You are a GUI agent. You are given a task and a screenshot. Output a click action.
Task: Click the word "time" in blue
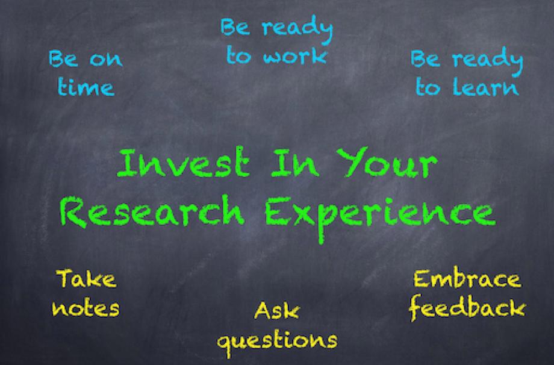click(87, 87)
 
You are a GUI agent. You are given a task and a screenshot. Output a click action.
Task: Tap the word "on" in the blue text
click(106, 60)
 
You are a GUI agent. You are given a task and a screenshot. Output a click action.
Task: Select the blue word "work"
click(295, 57)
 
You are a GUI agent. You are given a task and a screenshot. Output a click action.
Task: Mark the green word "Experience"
click(380, 216)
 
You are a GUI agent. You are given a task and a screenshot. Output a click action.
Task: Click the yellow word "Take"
click(86, 278)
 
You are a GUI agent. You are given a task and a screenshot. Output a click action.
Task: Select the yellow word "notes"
click(86, 308)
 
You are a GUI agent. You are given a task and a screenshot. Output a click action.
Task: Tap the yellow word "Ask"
click(276, 310)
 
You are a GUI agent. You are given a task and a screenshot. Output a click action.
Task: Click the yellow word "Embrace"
click(467, 278)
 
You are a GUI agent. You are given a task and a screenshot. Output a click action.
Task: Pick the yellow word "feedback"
click(467, 308)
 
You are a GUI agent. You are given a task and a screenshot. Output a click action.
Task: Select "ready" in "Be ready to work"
click(297, 30)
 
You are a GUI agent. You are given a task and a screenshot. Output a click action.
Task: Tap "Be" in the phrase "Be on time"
click(64, 58)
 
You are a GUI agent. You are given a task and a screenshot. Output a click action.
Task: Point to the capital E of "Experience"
click(278, 211)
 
